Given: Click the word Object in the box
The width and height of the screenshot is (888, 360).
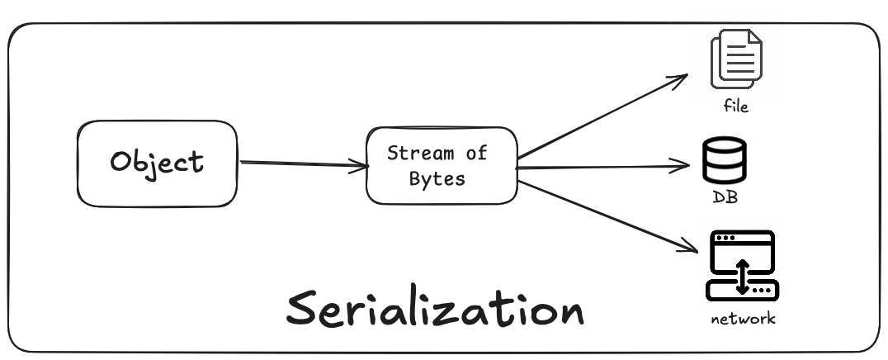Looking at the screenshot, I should tap(157, 161).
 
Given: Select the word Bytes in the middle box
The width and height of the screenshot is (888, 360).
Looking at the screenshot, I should tap(437, 178).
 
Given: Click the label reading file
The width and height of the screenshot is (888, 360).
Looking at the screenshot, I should tap(735, 107).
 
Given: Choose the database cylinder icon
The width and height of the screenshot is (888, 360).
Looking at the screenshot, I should tap(724, 161).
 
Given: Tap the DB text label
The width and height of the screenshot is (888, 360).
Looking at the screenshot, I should tap(725, 199).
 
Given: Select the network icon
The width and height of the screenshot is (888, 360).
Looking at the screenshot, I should tap(742, 265).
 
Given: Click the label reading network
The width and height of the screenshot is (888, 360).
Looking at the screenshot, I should tap(743, 319).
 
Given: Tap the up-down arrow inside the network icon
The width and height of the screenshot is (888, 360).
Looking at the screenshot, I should tap(742, 276).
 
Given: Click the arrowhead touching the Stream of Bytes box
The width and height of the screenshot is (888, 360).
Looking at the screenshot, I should tap(360, 167).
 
